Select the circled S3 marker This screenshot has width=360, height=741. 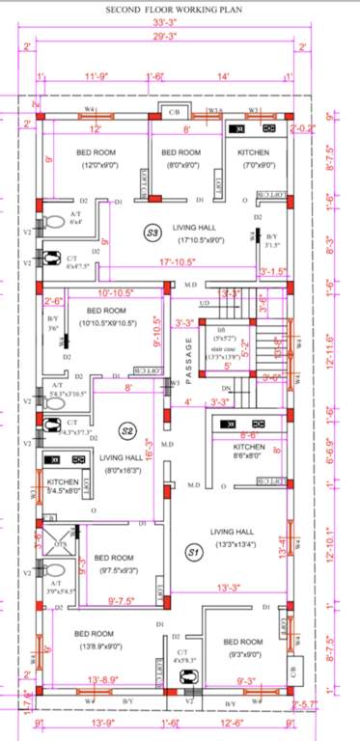click(151, 233)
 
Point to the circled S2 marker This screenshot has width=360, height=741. click(126, 430)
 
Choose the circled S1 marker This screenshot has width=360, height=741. click(193, 552)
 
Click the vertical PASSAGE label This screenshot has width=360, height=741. click(177, 360)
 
